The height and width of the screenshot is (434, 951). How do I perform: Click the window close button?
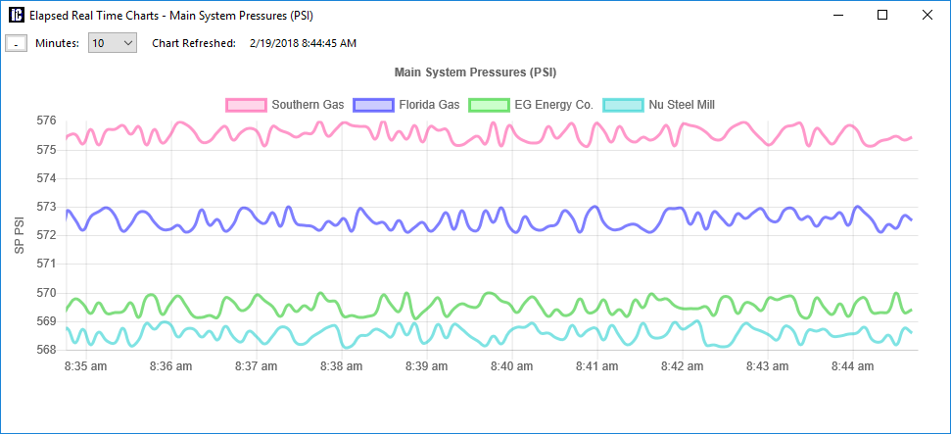click(927, 16)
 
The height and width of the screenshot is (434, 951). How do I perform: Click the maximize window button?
click(882, 16)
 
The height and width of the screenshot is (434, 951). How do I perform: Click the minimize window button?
click(837, 16)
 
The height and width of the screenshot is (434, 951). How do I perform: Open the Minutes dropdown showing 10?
click(113, 43)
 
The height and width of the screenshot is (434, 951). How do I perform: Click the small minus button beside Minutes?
click(16, 43)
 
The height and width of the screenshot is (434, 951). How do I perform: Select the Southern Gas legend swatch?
click(246, 105)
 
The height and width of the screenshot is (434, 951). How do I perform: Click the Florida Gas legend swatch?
click(373, 105)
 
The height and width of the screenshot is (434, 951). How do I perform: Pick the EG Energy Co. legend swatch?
click(490, 105)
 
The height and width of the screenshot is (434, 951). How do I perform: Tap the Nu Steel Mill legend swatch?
click(624, 105)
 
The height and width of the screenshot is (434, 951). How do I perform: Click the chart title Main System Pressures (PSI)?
click(475, 72)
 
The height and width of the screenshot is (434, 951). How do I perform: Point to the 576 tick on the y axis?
click(46, 121)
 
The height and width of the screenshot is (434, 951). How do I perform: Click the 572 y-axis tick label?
click(46, 235)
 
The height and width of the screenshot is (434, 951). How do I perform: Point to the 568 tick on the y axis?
click(46, 350)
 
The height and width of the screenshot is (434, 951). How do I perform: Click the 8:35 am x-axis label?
click(85, 366)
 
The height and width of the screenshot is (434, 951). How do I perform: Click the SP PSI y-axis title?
click(19, 235)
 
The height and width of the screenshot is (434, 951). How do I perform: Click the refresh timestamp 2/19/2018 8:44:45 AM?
click(303, 43)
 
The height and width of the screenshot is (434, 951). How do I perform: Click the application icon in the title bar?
click(16, 16)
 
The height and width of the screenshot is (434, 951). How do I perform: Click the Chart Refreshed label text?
click(194, 43)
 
